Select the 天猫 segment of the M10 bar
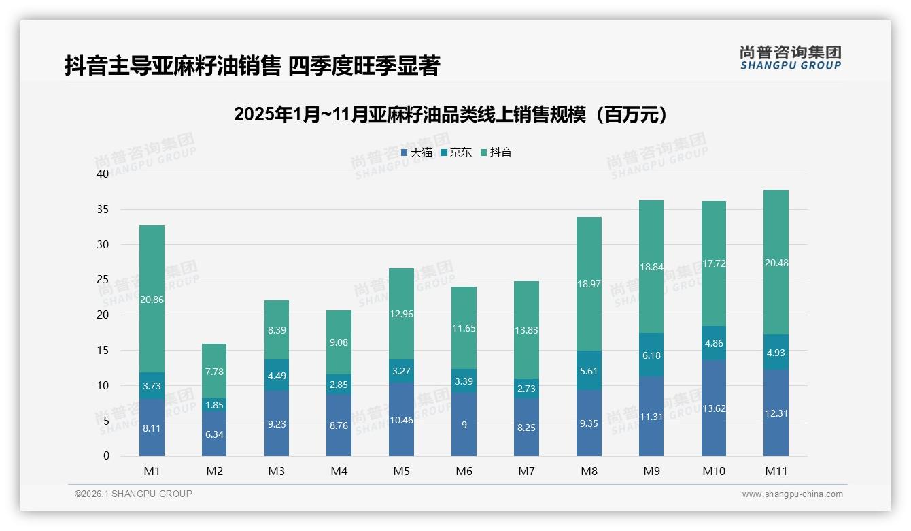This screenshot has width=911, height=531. click(713, 408)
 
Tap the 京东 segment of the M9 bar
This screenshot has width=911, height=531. click(651, 355)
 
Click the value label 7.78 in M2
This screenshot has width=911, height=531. click(214, 371)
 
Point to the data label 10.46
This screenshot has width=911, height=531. click(401, 420)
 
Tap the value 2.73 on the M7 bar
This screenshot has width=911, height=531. click(526, 389)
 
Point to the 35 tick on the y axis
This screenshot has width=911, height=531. click(103, 209)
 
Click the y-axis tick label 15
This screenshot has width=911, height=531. click(103, 350)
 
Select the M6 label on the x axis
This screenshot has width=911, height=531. click(464, 471)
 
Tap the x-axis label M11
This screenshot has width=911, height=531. click(776, 471)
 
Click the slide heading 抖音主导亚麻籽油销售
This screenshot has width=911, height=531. click(252, 65)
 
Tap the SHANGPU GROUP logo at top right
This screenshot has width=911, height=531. click(790, 58)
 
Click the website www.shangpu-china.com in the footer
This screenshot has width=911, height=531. click(792, 494)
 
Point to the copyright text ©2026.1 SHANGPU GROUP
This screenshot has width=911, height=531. click(133, 494)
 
